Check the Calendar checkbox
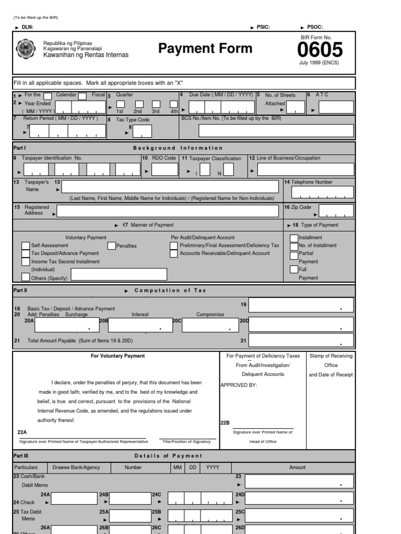[x=48, y=96]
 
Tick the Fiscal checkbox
[x=82, y=96]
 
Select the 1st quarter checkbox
[x=120, y=104]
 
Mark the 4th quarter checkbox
[x=173, y=104]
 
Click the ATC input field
[x=336, y=107]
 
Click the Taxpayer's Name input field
[x=170, y=187]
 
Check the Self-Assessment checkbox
[x=26, y=246]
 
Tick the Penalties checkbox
[x=112, y=246]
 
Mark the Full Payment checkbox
[x=294, y=270]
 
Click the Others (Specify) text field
[x=119, y=274]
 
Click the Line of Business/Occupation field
[x=305, y=170]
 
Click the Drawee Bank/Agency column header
[x=76, y=467]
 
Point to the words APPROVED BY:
[x=239, y=385]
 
